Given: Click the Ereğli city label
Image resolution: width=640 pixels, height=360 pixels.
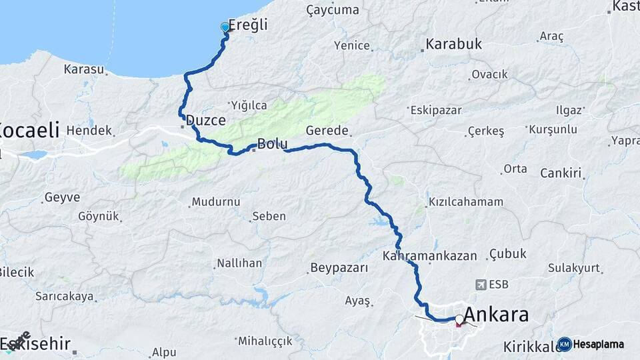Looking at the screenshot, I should pyautogui.click(x=248, y=25).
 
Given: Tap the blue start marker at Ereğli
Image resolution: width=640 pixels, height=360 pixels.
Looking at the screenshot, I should pyautogui.click(x=225, y=27).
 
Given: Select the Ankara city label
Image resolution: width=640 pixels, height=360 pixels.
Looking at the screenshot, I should pyautogui.click(x=496, y=314).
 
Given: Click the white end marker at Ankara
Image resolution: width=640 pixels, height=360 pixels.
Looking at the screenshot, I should pyautogui.click(x=459, y=319).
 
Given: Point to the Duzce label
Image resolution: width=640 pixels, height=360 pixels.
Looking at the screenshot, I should pyautogui.click(x=206, y=121).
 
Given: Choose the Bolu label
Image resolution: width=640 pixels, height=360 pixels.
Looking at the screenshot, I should pyautogui.click(x=272, y=143).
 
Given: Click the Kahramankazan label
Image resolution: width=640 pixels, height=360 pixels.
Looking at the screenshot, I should pyautogui.click(x=430, y=255).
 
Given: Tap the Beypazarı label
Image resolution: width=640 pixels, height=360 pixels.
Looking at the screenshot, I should pyautogui.click(x=339, y=269).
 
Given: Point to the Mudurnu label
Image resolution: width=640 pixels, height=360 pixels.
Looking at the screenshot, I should pyautogui.click(x=214, y=202).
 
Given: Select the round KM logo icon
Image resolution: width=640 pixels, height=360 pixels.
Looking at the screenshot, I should pyautogui.click(x=565, y=344).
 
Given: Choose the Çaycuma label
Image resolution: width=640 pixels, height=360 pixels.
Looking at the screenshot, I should pyautogui.click(x=332, y=10).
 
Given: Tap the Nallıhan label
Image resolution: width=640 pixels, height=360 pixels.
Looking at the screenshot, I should pyautogui.click(x=239, y=263).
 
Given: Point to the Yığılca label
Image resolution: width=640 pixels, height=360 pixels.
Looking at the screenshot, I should pyautogui.click(x=249, y=105).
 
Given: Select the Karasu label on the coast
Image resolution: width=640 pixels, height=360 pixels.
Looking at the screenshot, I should pyautogui.click(x=85, y=69).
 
